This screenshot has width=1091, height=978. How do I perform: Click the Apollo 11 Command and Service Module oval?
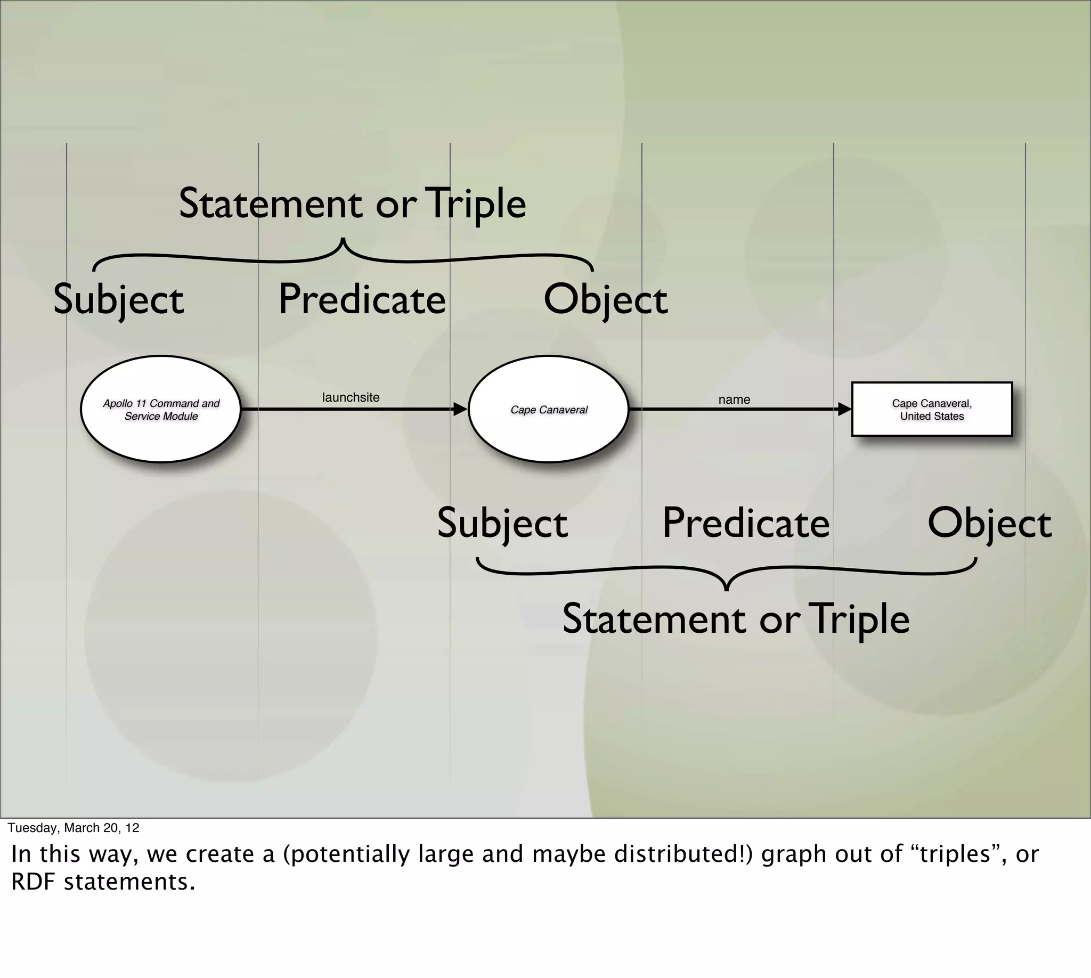click(x=161, y=410)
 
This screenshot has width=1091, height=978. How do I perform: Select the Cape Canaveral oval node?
click(x=549, y=410)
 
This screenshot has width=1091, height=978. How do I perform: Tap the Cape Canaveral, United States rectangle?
click(x=932, y=410)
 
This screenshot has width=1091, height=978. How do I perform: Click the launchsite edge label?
click(x=351, y=398)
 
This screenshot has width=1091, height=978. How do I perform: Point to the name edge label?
click(x=734, y=400)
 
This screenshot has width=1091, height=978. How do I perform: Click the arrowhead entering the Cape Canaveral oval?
click(x=460, y=410)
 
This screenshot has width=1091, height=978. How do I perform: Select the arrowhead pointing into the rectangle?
click(x=845, y=410)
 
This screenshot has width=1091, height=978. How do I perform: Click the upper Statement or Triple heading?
click(x=352, y=204)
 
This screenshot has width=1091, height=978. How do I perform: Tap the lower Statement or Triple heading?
click(x=736, y=620)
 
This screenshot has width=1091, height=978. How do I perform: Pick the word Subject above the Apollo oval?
click(x=118, y=300)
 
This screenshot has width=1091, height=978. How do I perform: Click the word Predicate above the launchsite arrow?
click(x=362, y=300)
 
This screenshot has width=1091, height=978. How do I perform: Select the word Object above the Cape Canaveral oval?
click(x=606, y=300)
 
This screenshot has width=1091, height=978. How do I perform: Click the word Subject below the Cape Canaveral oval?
click(x=502, y=524)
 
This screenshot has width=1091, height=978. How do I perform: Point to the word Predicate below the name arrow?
click(x=745, y=524)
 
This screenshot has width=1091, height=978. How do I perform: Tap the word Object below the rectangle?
click(x=989, y=524)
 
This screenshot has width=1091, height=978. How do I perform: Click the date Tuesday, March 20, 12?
click(x=74, y=828)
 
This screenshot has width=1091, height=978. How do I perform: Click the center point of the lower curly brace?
click(x=727, y=588)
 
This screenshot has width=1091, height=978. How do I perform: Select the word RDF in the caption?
click(x=34, y=882)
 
